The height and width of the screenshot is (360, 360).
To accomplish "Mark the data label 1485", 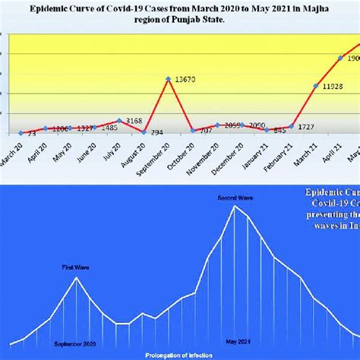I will [109, 128].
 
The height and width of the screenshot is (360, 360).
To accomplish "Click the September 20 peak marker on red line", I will [168, 78].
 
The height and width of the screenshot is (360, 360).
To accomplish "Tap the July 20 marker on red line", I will [119, 120].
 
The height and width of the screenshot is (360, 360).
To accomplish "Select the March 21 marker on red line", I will [315, 86].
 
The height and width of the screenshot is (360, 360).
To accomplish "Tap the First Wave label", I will [75, 267].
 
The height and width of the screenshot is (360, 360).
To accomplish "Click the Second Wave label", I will [235, 197].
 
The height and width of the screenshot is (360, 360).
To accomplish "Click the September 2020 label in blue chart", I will [75, 343].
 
